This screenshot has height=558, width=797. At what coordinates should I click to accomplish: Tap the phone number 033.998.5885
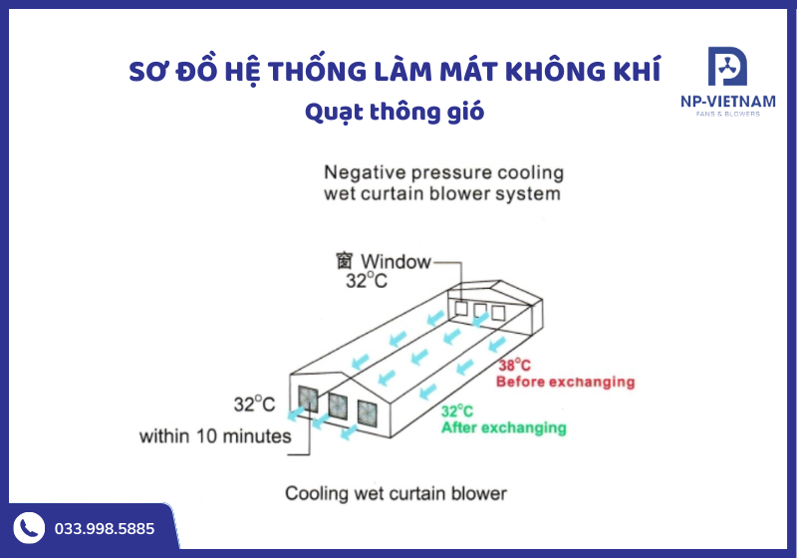[104, 529]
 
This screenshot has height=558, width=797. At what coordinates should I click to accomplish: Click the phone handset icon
[28, 528]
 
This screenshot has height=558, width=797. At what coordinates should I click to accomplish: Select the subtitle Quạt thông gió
[395, 112]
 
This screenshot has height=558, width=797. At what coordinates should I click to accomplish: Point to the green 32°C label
[457, 411]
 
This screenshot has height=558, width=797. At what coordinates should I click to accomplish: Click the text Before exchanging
[564, 382]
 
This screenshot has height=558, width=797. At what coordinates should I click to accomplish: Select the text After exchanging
[503, 427]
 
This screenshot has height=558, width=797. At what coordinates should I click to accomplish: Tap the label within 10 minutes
[215, 435]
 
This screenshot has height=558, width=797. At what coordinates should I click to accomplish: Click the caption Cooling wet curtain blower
[397, 492]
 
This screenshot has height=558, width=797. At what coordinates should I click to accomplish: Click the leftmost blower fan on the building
[308, 400]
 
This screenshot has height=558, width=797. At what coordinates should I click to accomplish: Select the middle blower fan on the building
[338, 407]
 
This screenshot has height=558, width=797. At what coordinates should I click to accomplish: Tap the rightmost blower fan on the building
[368, 414]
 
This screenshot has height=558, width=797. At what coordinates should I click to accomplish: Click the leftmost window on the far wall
[461, 309]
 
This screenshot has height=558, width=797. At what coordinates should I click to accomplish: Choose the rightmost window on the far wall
[497, 313]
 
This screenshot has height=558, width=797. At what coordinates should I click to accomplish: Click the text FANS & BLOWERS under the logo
[727, 114]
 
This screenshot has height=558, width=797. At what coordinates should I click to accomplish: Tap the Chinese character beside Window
[345, 262]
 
